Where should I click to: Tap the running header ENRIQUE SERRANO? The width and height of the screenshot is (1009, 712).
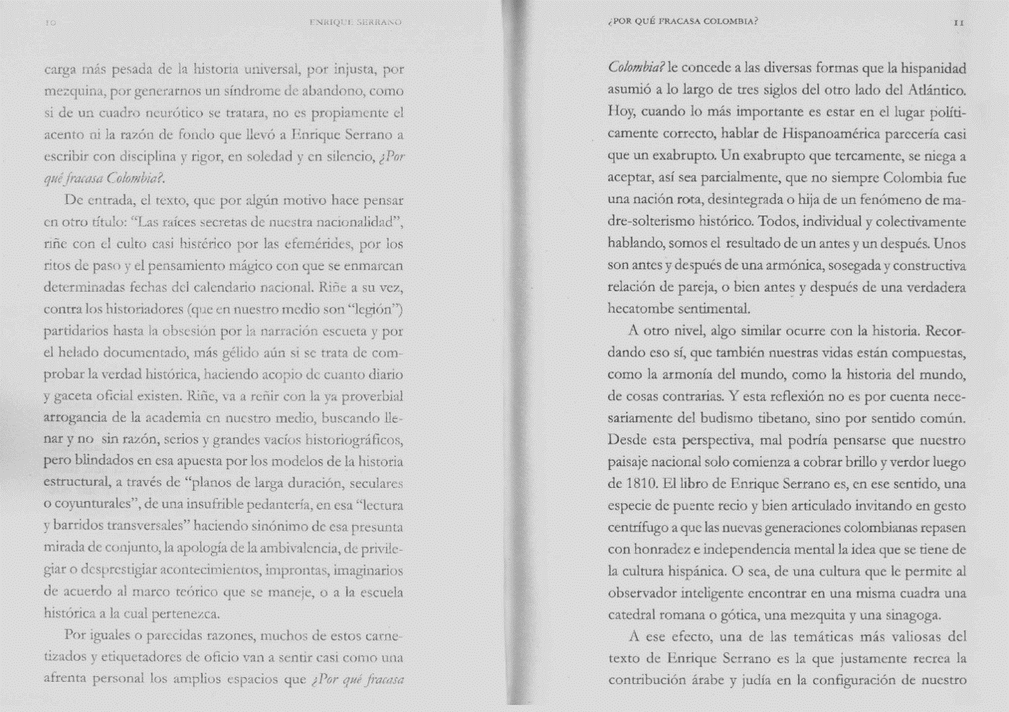click(x=356, y=23)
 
